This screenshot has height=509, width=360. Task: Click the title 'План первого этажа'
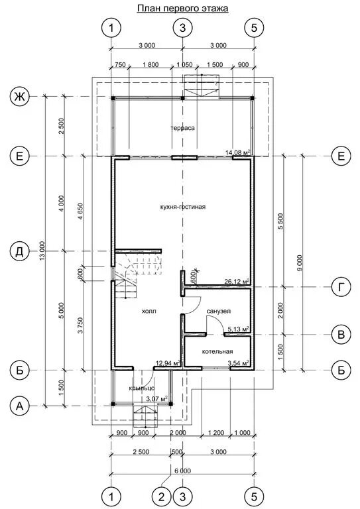pyautogui.click(x=183, y=9)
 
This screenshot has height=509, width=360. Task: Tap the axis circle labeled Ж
pyautogui.click(x=20, y=97)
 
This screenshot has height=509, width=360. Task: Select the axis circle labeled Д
pyautogui.click(x=20, y=252)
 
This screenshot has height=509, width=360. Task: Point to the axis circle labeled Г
pyautogui.click(x=341, y=287)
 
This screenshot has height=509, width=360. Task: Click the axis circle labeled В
pyautogui.click(x=341, y=334)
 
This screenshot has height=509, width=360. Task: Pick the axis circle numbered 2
pyautogui.click(x=162, y=496)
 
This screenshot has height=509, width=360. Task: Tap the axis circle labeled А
pyautogui.click(x=20, y=406)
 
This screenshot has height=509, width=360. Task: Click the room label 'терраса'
pyautogui.click(x=183, y=128)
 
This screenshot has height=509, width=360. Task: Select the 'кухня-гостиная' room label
pyautogui.click(x=183, y=207)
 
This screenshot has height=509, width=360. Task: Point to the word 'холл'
pyautogui.click(x=149, y=311)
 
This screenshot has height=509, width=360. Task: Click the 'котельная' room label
pyautogui.click(x=217, y=351)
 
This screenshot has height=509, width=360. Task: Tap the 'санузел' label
pyautogui.click(x=219, y=311)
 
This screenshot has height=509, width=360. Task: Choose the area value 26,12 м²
pyautogui.click(x=237, y=281)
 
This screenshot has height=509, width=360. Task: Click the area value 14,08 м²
pyautogui.click(x=239, y=152)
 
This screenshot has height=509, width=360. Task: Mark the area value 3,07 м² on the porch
pyautogui.click(x=156, y=398)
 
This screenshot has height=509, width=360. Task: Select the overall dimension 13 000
pyautogui.click(x=41, y=251)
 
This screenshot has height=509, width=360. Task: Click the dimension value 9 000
pyautogui.click(x=299, y=263)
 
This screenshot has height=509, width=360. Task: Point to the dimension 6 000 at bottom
pyautogui.click(x=183, y=471)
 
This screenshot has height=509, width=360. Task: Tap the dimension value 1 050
pyautogui.click(x=184, y=64)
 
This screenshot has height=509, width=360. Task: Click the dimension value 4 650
pyautogui.click(x=81, y=213)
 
